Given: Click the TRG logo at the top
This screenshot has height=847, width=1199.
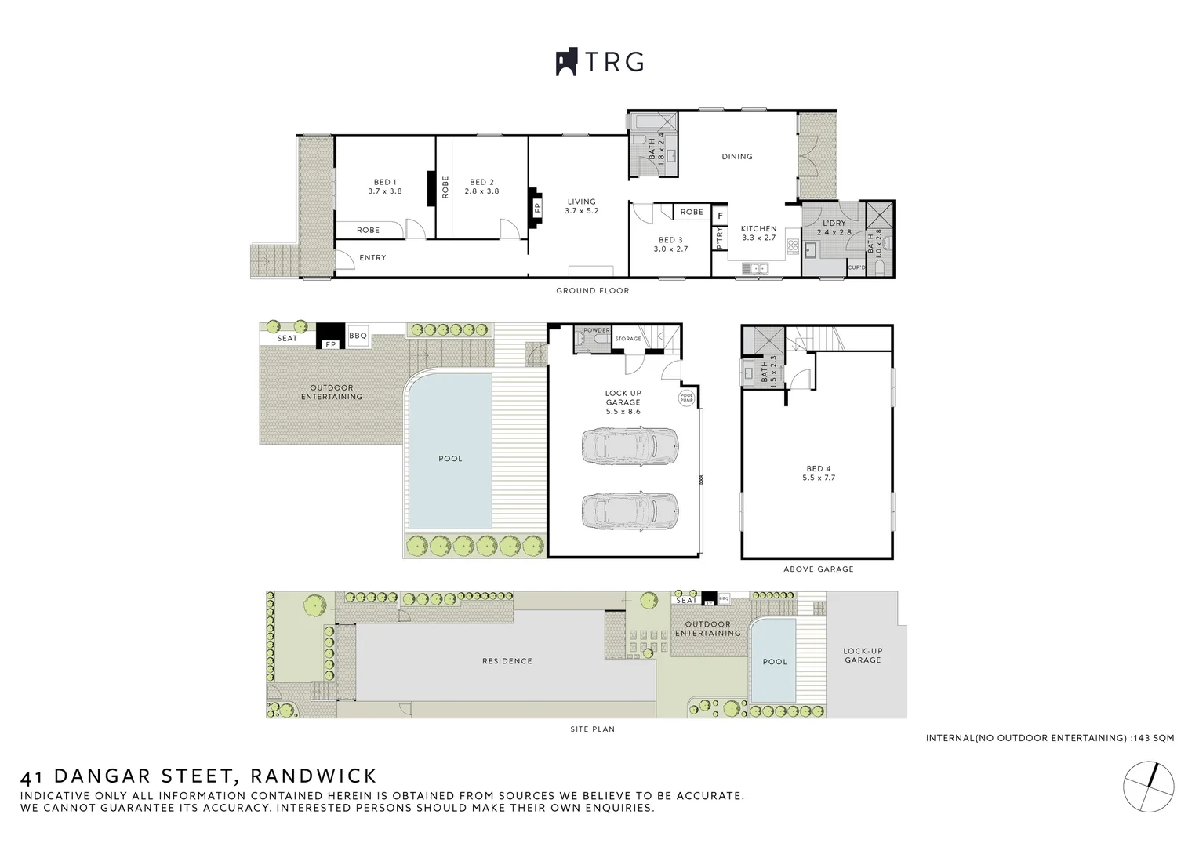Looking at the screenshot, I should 600,62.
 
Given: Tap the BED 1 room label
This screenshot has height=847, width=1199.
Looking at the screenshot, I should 384,187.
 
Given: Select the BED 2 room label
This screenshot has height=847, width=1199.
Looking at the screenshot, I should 481,187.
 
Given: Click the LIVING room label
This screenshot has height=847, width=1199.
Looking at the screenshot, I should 581,206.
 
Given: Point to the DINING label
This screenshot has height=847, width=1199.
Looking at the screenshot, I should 736,157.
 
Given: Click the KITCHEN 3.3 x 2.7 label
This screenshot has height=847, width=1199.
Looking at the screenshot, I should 758,233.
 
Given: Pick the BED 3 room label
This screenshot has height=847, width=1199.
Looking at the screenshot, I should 670,245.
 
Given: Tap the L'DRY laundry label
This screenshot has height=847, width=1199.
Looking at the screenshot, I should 833,227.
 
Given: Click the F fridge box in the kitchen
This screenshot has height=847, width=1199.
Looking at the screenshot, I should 720,215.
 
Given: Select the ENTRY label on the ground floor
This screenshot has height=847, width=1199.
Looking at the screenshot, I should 372,258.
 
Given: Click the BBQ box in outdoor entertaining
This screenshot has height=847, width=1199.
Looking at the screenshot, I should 358,336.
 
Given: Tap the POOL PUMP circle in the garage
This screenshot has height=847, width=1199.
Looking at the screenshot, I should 687,398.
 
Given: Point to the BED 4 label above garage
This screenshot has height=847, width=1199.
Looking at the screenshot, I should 818,473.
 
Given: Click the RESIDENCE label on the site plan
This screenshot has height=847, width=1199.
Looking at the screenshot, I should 507,661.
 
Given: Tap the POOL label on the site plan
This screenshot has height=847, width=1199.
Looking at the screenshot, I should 775,662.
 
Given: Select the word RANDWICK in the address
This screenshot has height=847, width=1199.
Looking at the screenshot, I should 313,776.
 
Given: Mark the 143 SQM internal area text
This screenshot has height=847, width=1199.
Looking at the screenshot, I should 1156,738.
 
